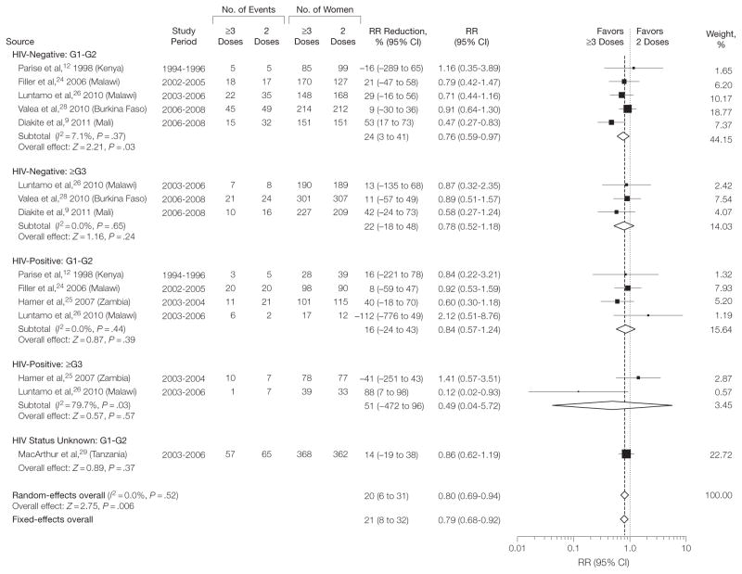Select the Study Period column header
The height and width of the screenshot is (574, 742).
[x=184, y=37]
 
